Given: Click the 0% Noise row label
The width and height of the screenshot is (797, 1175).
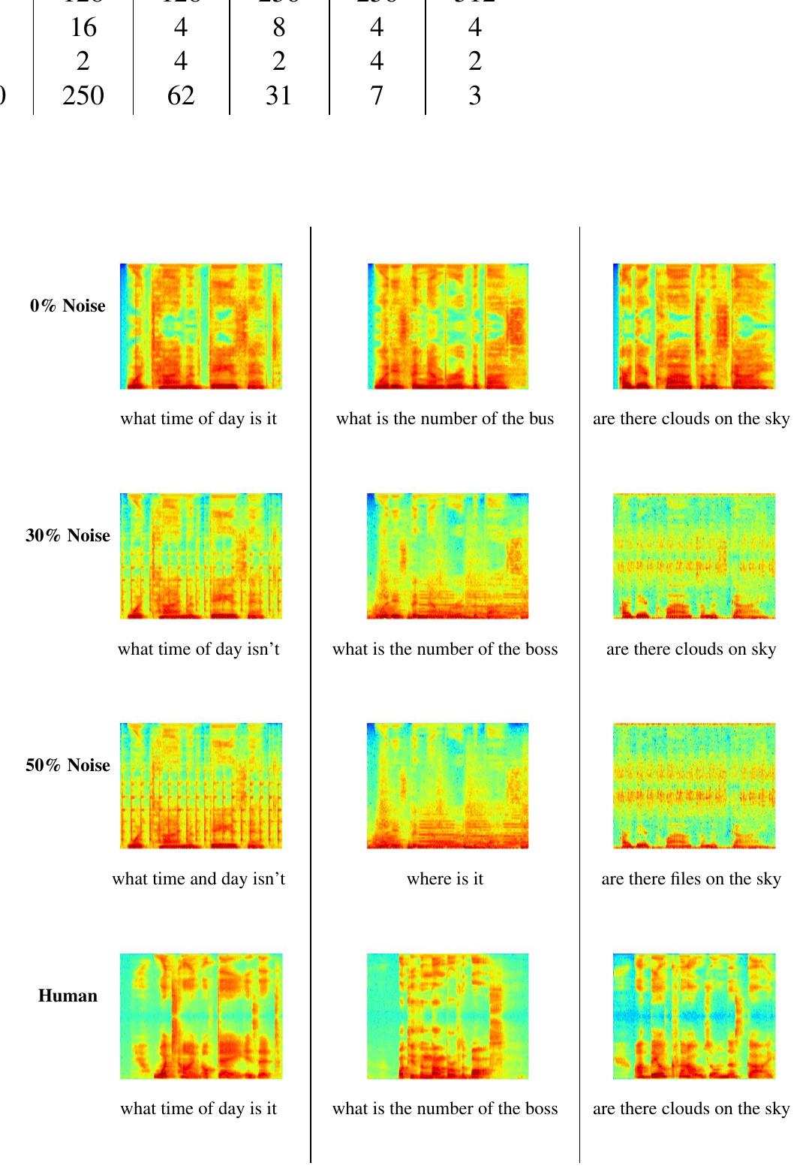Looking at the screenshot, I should point(68,306).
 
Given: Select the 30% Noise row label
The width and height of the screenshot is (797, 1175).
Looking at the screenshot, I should point(68,535).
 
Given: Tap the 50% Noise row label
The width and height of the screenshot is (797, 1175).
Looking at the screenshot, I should point(68,765).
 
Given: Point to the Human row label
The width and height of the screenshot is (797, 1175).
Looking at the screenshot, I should point(68,996).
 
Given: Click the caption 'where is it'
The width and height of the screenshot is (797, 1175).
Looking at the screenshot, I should point(445,878).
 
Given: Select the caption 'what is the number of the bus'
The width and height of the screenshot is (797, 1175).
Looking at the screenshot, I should point(445,419).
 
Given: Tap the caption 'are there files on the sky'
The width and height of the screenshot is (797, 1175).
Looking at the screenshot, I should point(691,878).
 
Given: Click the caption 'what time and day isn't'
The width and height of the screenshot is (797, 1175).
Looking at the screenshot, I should point(199,878).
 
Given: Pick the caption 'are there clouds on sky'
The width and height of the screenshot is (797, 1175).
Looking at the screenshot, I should point(691,649).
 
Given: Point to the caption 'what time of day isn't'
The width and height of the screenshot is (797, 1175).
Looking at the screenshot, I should point(199,649).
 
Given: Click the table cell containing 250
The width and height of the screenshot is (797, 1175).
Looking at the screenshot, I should point(83,95).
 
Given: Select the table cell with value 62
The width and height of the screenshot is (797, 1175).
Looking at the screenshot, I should point(181,95).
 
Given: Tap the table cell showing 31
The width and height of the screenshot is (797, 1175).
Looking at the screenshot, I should point(278,95).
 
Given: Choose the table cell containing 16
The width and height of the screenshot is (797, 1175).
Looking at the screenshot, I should point(83,28).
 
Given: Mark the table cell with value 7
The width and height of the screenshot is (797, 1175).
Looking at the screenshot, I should point(377,95).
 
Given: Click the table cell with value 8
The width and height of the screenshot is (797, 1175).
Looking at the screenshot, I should point(278,28).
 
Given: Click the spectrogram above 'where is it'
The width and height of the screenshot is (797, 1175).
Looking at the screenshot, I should point(447,785).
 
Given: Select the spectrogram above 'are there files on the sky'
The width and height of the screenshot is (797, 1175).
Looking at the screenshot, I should point(694,785).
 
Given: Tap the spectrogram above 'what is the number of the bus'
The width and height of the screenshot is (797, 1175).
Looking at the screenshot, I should point(448,326).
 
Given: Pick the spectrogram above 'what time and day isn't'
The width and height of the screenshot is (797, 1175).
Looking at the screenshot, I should point(201,785).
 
